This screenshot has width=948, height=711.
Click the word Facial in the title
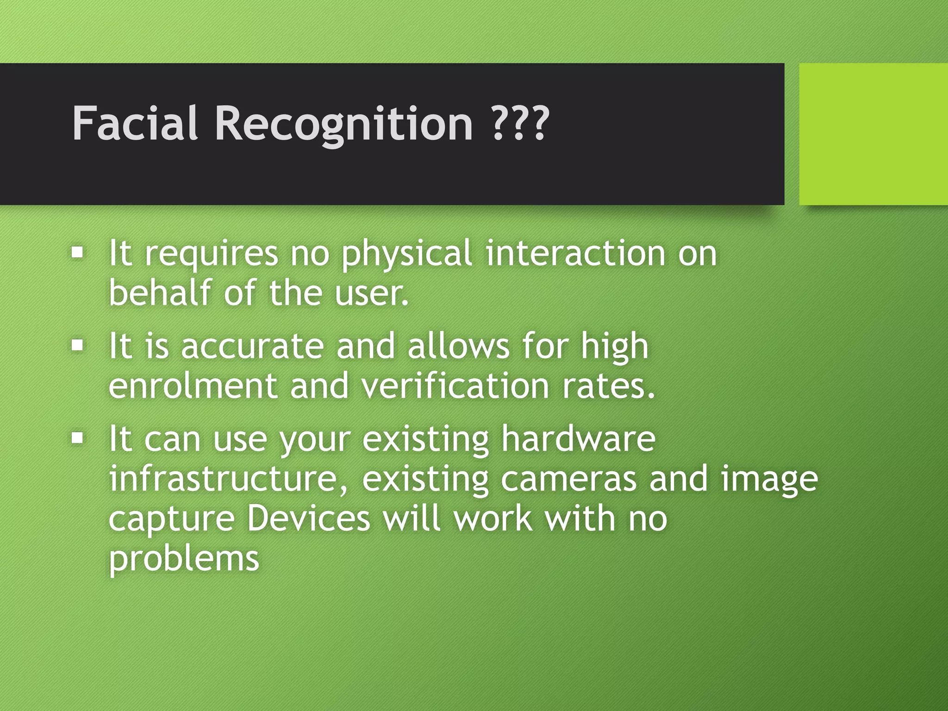click(x=135, y=123)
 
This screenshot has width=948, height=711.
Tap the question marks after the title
click(x=520, y=123)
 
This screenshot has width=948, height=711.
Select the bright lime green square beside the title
click(x=873, y=134)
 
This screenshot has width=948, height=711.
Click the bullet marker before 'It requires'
click(x=78, y=253)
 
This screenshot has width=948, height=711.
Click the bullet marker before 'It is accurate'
click(x=78, y=345)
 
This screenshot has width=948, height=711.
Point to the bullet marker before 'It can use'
click(x=78, y=438)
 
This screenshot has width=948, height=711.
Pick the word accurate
click(x=252, y=347)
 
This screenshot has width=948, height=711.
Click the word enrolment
click(x=193, y=386)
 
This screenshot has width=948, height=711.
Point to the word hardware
click(x=579, y=438)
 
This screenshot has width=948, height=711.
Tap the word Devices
click(x=309, y=518)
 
